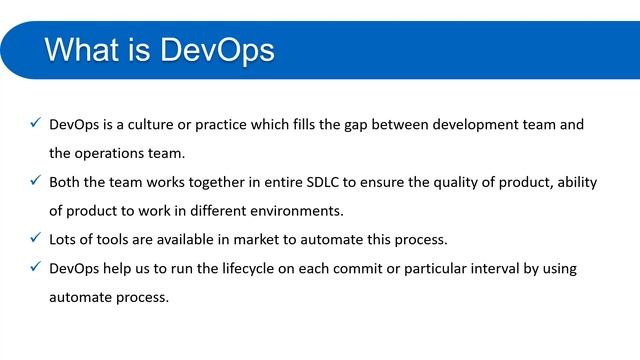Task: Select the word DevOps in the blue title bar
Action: click(x=218, y=50)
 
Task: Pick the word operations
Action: click(x=112, y=154)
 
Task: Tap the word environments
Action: click(x=291, y=211)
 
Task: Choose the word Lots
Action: click(x=65, y=240)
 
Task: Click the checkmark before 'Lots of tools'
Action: click(x=36, y=239)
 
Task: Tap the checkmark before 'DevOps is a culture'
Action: click(x=36, y=124)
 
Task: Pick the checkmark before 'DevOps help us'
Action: click(x=36, y=268)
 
